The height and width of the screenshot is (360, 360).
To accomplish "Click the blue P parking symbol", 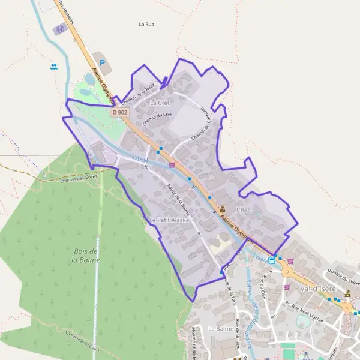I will [x=101, y=62].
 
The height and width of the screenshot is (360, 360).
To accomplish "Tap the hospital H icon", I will [x=60, y=29].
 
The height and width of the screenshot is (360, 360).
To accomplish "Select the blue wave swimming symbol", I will [x=55, y=67].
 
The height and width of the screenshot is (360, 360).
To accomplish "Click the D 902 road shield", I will [x=119, y=112].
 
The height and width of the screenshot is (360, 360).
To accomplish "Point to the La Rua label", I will [x=146, y=25].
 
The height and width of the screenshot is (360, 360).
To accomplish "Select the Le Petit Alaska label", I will [x=169, y=220].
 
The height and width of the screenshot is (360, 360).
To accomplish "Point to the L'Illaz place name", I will [x=242, y=209].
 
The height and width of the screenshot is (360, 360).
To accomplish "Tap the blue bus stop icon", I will [x=272, y=260].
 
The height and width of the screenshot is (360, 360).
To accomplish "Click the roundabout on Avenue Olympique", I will [x=287, y=271].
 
